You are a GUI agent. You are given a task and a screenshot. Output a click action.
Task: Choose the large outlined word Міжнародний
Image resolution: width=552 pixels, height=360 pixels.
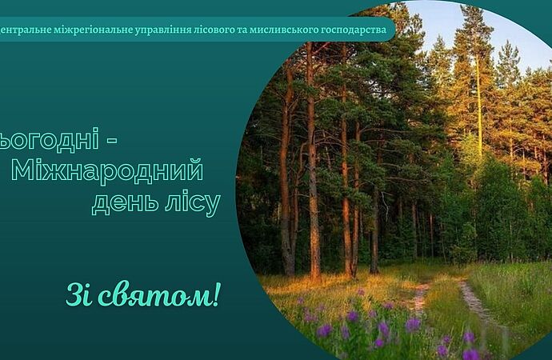pyautogui.click(x=107, y=170)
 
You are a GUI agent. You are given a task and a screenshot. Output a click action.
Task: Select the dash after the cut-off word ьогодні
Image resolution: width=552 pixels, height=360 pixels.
pyautogui.click(x=111, y=142)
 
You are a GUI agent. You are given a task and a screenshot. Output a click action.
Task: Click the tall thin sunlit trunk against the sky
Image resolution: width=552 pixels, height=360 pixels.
pyautogui.click(x=478, y=106)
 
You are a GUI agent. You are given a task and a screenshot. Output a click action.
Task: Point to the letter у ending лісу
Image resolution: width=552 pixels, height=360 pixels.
pyautogui.click(x=212, y=206)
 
